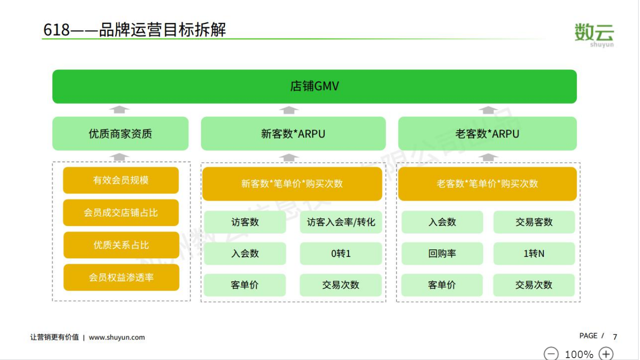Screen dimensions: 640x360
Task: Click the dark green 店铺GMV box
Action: pyautogui.click(x=314, y=86)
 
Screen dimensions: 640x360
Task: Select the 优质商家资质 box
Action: pyautogui.click(x=120, y=134)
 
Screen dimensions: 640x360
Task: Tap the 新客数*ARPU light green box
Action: pyautogui.click(x=293, y=134)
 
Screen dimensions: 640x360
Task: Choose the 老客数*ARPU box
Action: pyautogui.click(x=487, y=134)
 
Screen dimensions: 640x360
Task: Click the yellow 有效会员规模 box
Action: pyautogui.click(x=121, y=180)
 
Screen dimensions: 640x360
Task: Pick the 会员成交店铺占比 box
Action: pyautogui.click(x=121, y=212)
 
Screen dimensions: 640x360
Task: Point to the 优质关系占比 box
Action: pyautogui.click(x=121, y=245)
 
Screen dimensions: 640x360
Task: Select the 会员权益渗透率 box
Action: pyautogui.click(x=121, y=277)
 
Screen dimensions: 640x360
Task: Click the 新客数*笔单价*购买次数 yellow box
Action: pyautogui.click(x=292, y=184)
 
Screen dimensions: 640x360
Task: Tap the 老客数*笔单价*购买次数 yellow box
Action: pyautogui.click(x=487, y=184)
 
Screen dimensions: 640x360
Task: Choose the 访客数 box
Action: pyautogui.click(x=245, y=222)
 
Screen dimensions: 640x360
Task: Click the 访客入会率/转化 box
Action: pyautogui.click(x=341, y=222)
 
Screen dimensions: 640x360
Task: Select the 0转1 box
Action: pyautogui.click(x=341, y=253)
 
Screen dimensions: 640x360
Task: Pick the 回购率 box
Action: pyautogui.click(x=442, y=253)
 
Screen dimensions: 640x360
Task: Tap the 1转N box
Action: pyautogui.click(x=534, y=253)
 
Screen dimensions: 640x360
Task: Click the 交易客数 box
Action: pyautogui.click(x=534, y=222)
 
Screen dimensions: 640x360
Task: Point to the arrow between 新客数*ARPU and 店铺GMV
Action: pyautogui.click(x=289, y=110)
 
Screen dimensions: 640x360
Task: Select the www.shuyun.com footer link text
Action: pyautogui.click(x=117, y=337)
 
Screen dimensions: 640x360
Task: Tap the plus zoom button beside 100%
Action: pyautogui.click(x=606, y=354)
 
